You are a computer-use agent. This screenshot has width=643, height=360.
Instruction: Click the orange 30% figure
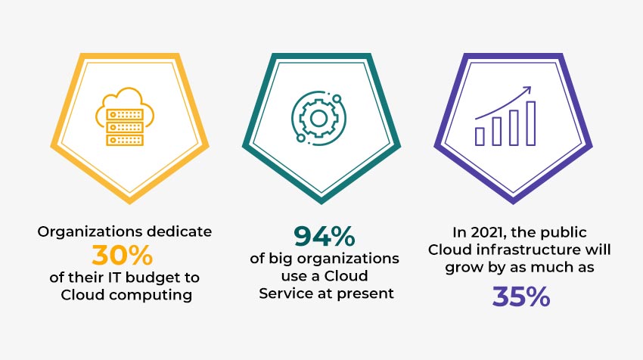(x=123, y=255)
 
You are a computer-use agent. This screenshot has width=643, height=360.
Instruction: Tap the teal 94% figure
(x=325, y=236)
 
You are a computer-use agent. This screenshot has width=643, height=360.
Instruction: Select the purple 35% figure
(x=520, y=296)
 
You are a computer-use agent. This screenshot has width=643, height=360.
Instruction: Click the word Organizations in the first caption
(x=90, y=232)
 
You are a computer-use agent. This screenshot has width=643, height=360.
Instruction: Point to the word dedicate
(x=179, y=231)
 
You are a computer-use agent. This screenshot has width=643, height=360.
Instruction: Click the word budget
(x=154, y=278)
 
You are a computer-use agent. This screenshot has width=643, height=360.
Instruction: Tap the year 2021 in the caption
(x=486, y=233)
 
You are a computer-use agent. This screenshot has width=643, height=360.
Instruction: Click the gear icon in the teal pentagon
(x=318, y=119)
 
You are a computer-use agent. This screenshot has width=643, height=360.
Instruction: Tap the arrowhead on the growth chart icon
(x=527, y=90)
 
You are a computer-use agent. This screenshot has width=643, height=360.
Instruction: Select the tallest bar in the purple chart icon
(x=530, y=123)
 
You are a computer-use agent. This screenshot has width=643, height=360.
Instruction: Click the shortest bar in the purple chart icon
(x=480, y=136)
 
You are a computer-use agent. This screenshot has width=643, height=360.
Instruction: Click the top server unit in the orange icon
(x=125, y=114)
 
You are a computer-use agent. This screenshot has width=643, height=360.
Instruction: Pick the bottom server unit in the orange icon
(x=125, y=140)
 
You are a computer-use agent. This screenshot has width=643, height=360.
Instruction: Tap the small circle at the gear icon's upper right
(x=337, y=99)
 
